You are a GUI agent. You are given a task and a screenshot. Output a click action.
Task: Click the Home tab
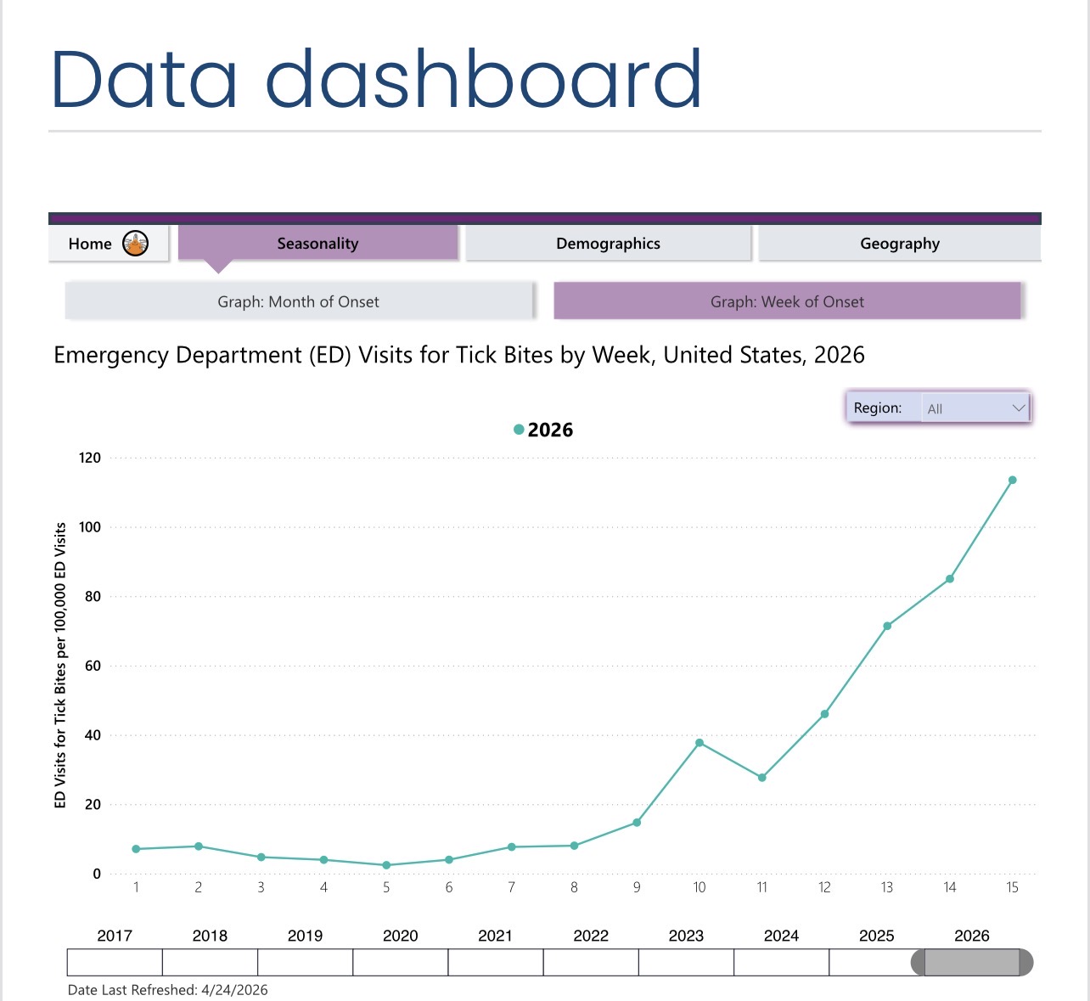[x=91, y=244]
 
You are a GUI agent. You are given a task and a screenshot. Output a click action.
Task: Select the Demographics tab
[x=608, y=244]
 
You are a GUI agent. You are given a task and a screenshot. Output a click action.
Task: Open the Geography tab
[x=899, y=244]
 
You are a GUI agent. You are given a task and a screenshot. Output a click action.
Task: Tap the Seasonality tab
[x=317, y=244]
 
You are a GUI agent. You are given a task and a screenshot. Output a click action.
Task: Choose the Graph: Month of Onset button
[x=299, y=301]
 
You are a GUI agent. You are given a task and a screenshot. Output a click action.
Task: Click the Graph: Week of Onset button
[x=787, y=301]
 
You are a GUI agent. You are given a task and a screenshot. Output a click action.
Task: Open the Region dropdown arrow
[x=1019, y=408]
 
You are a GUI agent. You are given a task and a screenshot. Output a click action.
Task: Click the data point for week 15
[x=1012, y=481]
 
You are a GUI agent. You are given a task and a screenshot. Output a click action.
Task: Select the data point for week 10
[x=700, y=743]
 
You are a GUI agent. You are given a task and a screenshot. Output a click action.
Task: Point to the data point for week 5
[x=386, y=865]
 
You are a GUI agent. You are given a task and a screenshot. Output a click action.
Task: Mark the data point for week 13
[x=887, y=627]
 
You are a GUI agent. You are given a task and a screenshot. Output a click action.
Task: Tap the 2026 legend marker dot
[x=519, y=430]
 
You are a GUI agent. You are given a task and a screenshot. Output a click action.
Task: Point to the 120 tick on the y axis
[x=90, y=458]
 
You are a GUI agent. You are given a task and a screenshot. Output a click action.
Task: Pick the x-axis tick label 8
[x=574, y=887]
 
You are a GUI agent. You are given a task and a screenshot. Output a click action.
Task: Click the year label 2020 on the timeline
[x=400, y=936]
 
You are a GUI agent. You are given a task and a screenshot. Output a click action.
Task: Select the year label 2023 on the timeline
[x=686, y=936]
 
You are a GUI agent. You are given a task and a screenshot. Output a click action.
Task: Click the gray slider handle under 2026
[x=971, y=963]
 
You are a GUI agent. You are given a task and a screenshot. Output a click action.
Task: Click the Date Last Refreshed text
[x=168, y=990]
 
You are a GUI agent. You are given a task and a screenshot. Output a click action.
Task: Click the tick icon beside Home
[x=136, y=244]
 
